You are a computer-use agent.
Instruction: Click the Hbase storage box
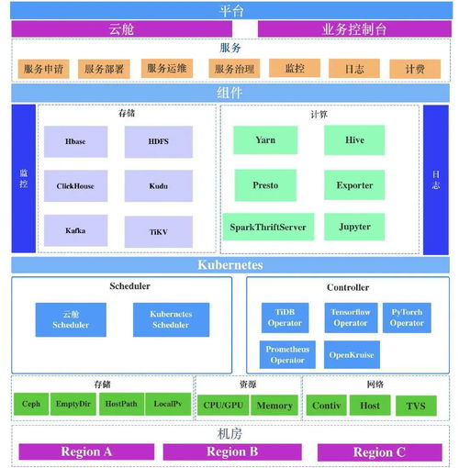(75, 142)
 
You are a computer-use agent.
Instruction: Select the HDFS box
(158, 142)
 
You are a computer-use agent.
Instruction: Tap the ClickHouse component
(75, 185)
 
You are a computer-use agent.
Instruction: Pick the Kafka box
(75, 230)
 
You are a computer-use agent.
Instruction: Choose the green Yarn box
(264, 140)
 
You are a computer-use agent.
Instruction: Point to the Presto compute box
(264, 184)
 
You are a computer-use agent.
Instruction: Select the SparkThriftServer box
(268, 227)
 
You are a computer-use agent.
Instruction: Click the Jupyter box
(353, 227)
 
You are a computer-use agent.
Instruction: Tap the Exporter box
(353, 184)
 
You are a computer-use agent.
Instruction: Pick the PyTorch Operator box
(407, 318)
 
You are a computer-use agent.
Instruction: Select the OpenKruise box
(350, 354)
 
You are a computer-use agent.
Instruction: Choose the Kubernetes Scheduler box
(170, 319)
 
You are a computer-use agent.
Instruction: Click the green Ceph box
(31, 405)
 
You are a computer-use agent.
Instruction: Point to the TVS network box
(416, 405)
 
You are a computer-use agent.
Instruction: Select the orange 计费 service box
(414, 69)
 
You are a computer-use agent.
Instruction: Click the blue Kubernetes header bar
(229, 265)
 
